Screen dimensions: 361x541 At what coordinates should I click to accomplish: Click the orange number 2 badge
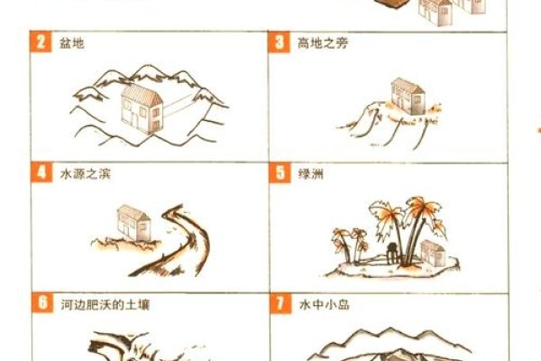click(41, 43)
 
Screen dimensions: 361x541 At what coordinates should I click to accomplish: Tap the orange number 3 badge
click(280, 43)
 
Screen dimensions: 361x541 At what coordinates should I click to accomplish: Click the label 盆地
click(71, 43)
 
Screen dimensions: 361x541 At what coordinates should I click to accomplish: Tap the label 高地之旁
click(322, 43)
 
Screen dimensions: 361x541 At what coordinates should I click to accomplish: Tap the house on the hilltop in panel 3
click(407, 96)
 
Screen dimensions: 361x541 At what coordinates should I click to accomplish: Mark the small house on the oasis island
click(432, 253)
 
